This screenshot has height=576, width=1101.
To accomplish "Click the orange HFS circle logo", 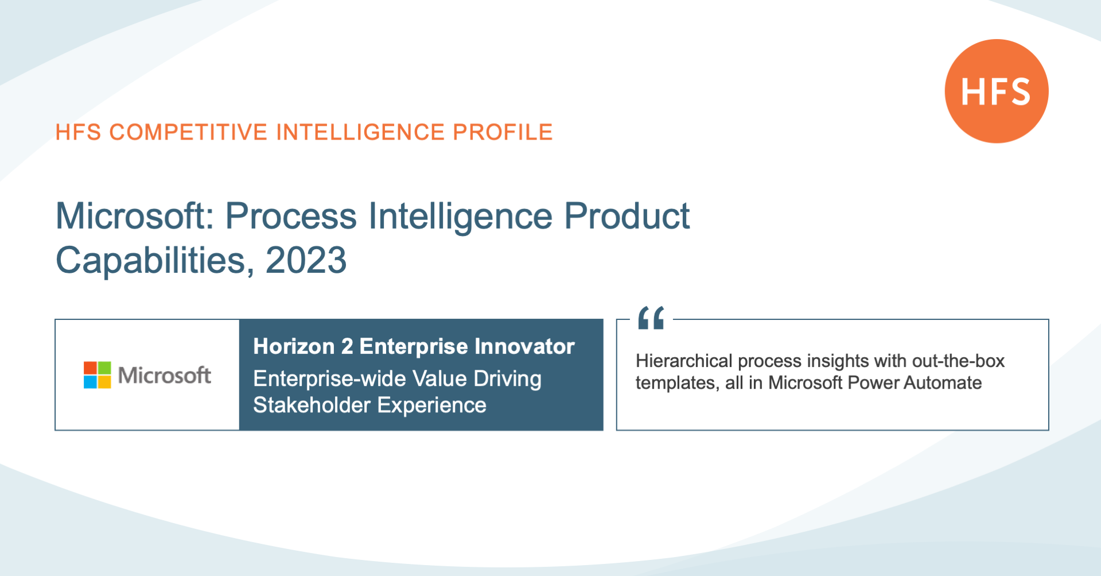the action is (997, 91).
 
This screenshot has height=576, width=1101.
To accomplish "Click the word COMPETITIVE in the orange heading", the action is (189, 132).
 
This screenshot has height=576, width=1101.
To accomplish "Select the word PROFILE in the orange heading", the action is (503, 132).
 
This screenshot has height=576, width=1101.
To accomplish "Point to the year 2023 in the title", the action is (306, 260).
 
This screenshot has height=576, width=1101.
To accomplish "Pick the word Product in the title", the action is (627, 217).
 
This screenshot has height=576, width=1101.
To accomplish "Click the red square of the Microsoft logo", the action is (90, 368).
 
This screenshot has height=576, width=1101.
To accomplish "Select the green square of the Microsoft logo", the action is (104, 368).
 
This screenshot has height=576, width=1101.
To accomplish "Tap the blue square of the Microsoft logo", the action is (90, 382).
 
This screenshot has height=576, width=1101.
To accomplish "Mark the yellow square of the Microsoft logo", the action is (104, 382).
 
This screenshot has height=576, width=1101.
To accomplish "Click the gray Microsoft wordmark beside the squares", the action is (165, 376).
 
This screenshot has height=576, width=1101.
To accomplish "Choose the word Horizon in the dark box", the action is (294, 346).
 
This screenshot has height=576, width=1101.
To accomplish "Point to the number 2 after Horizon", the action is (347, 346).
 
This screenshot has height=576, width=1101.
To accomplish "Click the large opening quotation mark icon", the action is (651, 318).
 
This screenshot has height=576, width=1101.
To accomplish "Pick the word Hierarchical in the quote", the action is (684, 361).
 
